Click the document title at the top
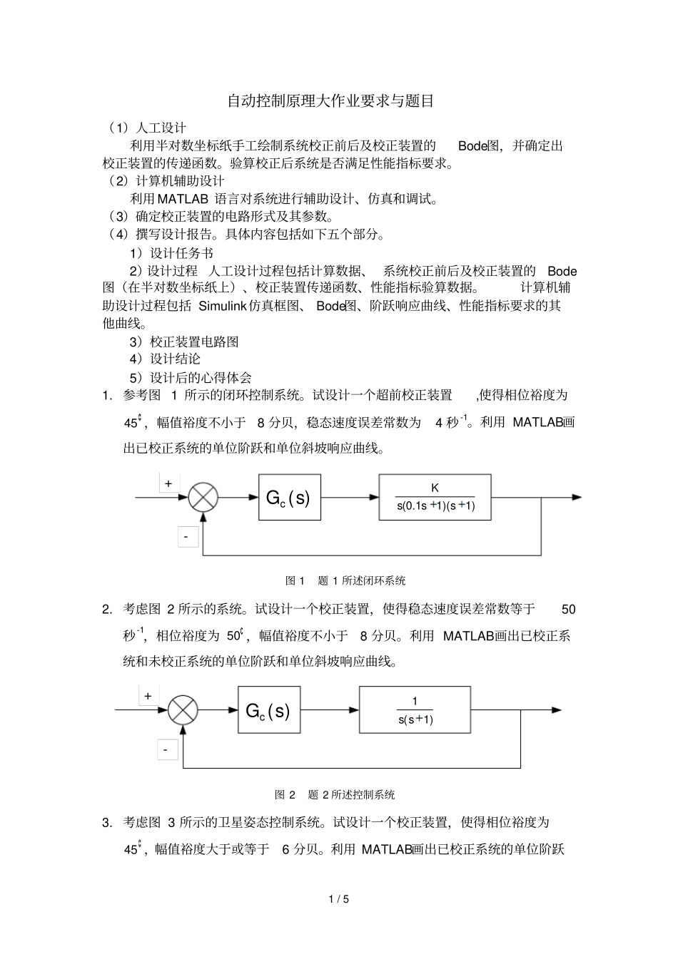tap(330, 101)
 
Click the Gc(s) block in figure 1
tap(289, 497)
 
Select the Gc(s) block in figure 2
tap(269, 710)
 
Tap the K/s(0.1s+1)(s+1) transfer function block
tap(435, 497)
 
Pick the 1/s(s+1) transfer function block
tap(415, 710)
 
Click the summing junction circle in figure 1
tap(203, 498)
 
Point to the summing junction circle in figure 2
tap(183, 710)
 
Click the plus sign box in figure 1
tap(169, 483)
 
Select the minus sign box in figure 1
tap(186, 536)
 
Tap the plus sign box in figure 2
tap(148, 696)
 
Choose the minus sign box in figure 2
tap(166, 749)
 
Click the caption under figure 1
tap(345, 580)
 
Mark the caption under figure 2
tap(335, 794)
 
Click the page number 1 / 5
tap(339, 899)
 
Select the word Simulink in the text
tap(222, 306)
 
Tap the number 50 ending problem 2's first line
tap(568, 609)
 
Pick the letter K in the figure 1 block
tap(435, 488)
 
